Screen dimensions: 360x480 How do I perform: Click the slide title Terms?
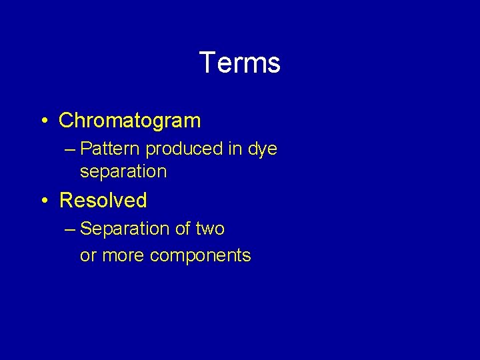tap(239, 63)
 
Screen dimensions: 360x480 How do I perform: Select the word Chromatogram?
tap(129, 121)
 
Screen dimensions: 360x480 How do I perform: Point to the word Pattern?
tap(110, 149)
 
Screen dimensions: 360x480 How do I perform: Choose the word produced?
tap(185, 149)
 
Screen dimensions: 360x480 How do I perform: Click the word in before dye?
tap(235, 149)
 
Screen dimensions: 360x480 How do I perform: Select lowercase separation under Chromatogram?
tap(123, 171)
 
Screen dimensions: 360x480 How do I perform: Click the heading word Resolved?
tap(103, 200)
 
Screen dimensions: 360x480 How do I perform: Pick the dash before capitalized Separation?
tap(71, 229)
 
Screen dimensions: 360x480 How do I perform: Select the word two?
tap(210, 229)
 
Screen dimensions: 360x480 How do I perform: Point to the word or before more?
tap(87, 256)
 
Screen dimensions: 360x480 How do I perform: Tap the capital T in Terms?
tap(207, 63)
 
